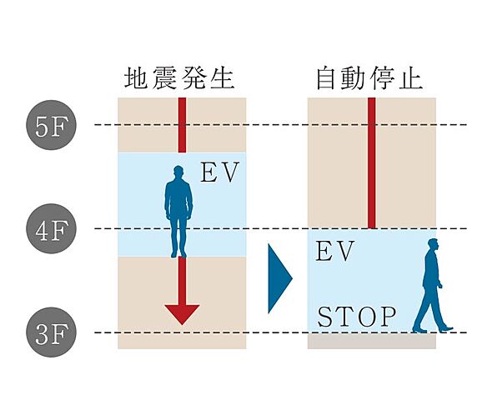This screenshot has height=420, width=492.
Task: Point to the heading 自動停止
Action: click(369, 78)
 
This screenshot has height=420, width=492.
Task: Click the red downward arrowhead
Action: click(182, 314)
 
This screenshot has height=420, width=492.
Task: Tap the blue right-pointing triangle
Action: click(280, 278)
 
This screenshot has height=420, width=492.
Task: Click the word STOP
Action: click(357, 317)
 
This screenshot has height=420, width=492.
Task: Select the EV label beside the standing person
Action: click(220, 173)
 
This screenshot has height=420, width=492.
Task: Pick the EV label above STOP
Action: click(335, 252)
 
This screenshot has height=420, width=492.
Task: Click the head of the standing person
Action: click(178, 172)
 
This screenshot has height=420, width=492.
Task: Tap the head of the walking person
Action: click(432, 245)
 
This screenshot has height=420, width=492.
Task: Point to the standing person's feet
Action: click(178, 253)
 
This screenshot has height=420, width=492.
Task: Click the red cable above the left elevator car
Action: click(182, 125)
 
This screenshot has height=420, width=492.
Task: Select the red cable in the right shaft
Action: click(371, 162)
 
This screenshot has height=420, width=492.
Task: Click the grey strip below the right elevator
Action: click(371, 341)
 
